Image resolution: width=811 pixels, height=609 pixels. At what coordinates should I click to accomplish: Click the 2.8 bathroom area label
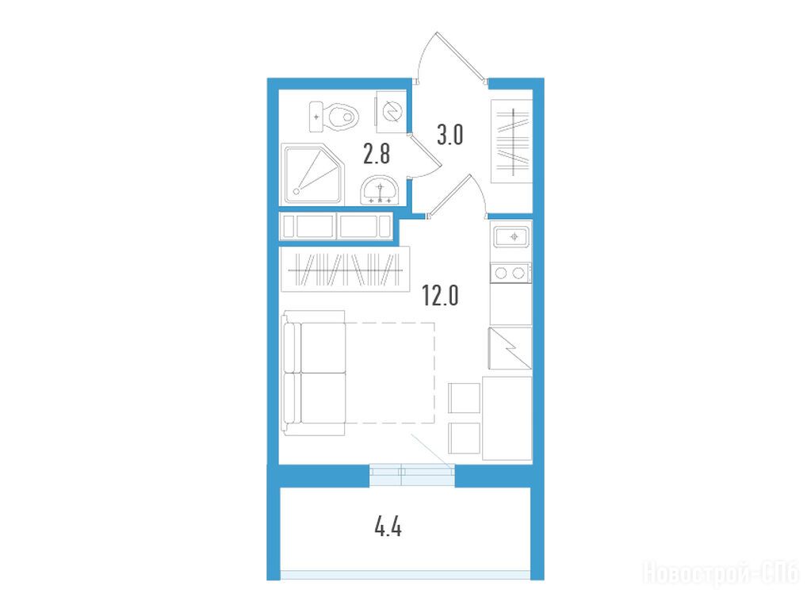click(x=376, y=154)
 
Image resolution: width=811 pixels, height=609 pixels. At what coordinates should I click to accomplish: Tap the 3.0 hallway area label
click(x=450, y=136)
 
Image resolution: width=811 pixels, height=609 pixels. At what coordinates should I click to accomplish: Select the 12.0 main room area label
click(x=440, y=296)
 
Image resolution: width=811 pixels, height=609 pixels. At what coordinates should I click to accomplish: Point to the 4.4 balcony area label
click(x=388, y=529)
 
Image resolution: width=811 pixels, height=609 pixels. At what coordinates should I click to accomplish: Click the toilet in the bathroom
click(x=334, y=117)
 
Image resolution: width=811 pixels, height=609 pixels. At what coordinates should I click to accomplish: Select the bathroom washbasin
click(x=381, y=190)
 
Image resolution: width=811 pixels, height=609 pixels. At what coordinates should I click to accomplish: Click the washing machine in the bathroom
click(x=390, y=111)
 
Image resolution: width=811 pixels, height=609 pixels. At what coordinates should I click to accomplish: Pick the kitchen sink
click(x=511, y=238)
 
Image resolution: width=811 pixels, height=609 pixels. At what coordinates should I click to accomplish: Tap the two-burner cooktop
click(x=511, y=273)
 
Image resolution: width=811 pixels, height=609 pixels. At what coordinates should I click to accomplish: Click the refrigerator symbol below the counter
click(x=510, y=348)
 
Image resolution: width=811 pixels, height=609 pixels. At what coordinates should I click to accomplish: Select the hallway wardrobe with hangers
click(x=511, y=141)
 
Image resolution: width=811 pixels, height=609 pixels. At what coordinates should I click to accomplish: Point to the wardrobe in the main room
click(x=345, y=269)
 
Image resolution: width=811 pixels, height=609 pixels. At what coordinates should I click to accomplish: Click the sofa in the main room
click(x=314, y=373)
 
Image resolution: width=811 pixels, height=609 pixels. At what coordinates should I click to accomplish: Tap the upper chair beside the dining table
click(x=465, y=398)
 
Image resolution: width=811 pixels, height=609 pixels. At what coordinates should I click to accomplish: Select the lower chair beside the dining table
click(x=465, y=439)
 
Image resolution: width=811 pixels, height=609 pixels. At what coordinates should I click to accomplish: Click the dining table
click(x=507, y=418)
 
